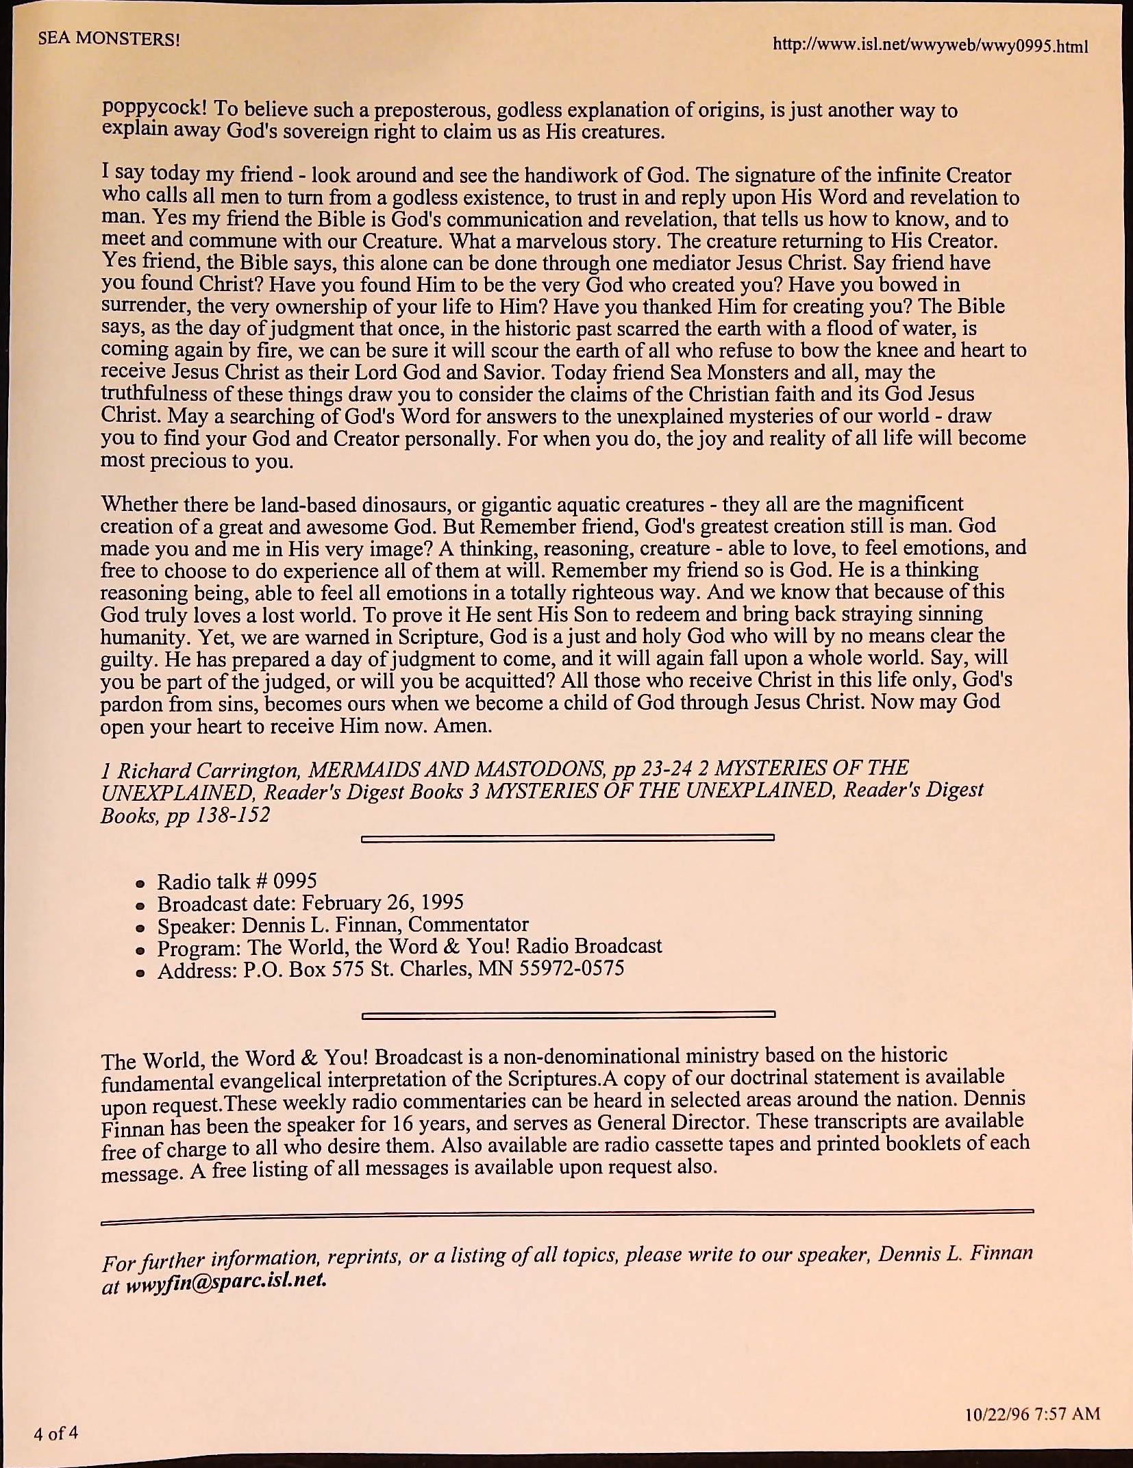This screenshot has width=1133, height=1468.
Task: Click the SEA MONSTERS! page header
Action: coord(109,38)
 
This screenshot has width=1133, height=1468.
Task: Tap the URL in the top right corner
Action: coord(930,45)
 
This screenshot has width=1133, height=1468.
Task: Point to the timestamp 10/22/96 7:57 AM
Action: coord(1032,1413)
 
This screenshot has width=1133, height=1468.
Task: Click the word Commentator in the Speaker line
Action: coord(468,925)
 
